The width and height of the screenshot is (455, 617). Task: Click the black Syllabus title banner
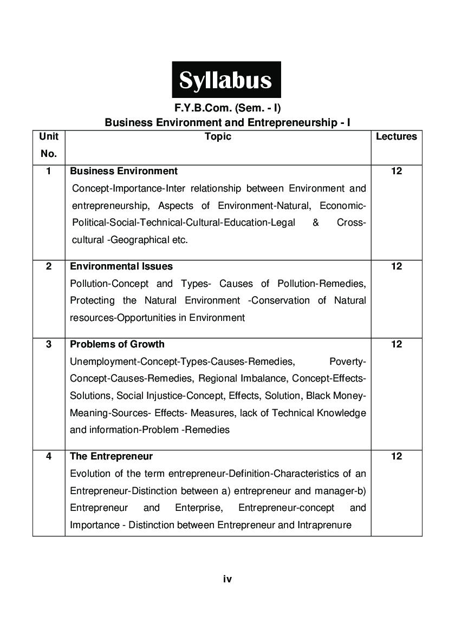click(226, 80)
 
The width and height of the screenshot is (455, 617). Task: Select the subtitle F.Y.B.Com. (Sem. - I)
click(227, 108)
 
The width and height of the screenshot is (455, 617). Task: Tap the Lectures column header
click(396, 137)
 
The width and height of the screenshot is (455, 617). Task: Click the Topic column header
click(218, 137)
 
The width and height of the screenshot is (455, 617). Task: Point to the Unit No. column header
click(49, 145)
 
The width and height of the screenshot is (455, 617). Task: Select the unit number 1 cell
click(49, 171)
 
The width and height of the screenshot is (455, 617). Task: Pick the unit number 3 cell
click(49, 344)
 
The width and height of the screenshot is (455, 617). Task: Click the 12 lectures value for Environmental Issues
click(396, 266)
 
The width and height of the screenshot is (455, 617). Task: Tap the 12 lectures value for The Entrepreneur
click(396, 456)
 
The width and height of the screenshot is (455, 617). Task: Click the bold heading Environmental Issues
click(121, 266)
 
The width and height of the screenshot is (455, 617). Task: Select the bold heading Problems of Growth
click(117, 344)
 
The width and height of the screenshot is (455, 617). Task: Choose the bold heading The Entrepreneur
click(111, 456)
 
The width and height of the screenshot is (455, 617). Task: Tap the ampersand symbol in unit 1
click(315, 223)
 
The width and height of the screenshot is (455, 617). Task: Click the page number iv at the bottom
click(227, 579)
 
